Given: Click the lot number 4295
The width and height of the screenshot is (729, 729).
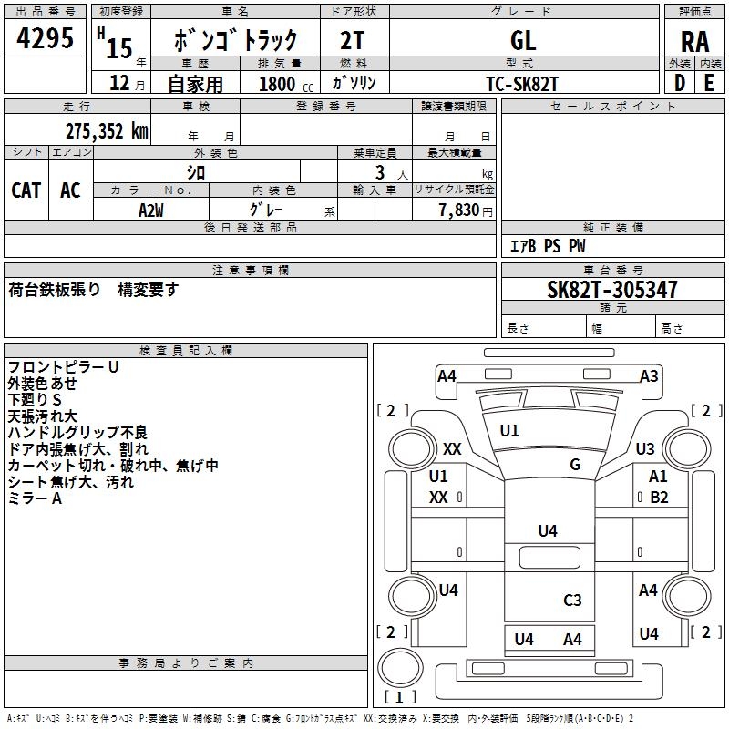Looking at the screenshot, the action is click(x=45, y=37).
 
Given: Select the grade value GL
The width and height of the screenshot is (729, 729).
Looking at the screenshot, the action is click(x=523, y=40).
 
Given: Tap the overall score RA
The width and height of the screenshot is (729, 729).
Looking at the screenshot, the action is click(x=695, y=42).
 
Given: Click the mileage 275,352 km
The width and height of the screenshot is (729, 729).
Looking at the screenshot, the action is click(x=107, y=131).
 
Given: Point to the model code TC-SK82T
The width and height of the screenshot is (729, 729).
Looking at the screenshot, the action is click(x=521, y=84).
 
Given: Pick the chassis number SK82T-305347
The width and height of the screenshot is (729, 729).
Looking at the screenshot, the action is click(x=611, y=290).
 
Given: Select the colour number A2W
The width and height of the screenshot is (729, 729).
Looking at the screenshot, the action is click(x=151, y=210).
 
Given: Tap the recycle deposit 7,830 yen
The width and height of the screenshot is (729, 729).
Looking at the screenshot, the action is click(x=466, y=210).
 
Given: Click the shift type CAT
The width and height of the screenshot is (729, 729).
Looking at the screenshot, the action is click(x=26, y=190).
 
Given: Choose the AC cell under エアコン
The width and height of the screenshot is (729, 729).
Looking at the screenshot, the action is click(x=70, y=190).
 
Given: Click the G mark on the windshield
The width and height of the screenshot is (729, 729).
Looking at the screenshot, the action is click(x=575, y=464).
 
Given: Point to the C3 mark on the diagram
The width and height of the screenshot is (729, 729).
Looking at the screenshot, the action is click(x=572, y=600).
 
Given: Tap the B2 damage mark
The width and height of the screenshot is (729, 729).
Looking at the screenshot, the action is click(x=659, y=498).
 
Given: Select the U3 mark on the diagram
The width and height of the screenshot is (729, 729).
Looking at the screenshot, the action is click(x=645, y=448).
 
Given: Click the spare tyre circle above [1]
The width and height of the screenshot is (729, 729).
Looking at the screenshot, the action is click(x=400, y=667).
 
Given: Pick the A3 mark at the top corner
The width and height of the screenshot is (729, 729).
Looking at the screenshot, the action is click(x=649, y=375).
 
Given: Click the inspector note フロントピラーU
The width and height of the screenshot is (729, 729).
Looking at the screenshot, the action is click(x=63, y=367).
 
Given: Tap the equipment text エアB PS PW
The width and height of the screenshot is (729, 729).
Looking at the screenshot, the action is click(x=548, y=246).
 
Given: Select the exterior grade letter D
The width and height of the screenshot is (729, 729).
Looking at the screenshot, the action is click(x=680, y=83).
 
